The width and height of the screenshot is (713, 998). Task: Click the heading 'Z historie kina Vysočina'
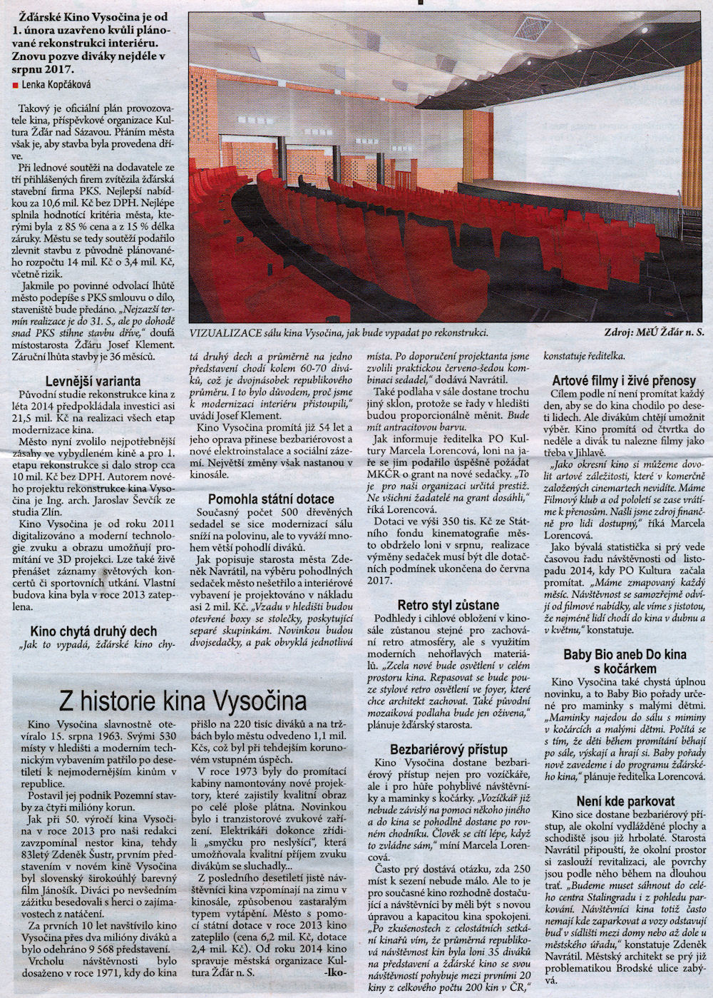[x=183, y=700]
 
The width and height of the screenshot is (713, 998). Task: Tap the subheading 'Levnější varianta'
[x=93, y=381]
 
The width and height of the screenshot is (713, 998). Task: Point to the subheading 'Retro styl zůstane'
[x=448, y=605]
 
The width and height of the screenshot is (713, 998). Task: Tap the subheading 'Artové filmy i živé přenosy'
[x=624, y=380]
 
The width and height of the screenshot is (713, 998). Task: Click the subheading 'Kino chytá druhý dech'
[x=93, y=631]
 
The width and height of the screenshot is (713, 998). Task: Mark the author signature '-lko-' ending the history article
[x=336, y=972]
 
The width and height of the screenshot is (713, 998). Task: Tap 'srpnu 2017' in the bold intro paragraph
[x=43, y=68]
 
